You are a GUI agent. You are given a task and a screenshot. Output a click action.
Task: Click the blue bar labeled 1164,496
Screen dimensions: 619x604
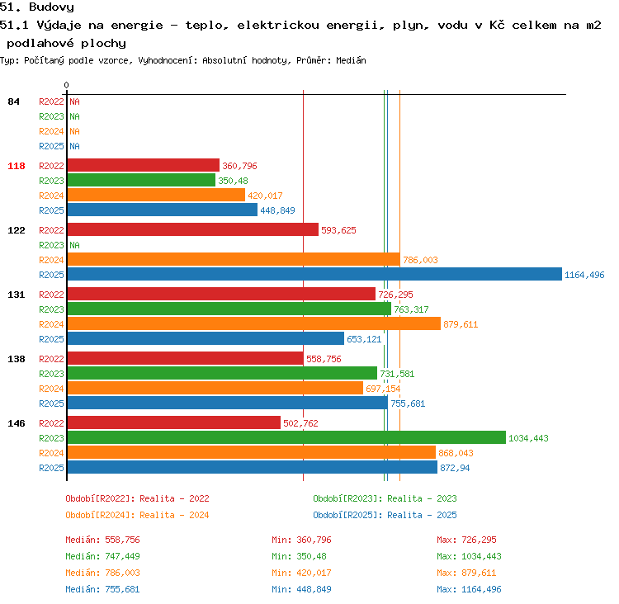(x=314, y=274)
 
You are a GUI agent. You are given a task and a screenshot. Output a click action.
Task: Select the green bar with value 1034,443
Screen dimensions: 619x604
(x=286, y=437)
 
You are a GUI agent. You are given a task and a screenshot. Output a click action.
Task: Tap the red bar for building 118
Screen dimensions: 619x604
(x=144, y=165)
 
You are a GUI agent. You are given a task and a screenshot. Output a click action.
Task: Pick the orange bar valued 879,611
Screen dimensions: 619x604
(x=254, y=323)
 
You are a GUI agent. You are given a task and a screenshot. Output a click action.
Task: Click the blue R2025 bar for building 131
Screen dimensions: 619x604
(x=206, y=338)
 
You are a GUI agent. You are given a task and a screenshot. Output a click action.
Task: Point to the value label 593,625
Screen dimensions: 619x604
(x=338, y=230)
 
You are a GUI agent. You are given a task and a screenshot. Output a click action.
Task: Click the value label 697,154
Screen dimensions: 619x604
(x=383, y=389)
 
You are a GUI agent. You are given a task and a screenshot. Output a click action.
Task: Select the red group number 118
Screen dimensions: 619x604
(x=17, y=166)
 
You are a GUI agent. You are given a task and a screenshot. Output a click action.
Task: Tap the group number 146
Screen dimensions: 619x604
(x=17, y=423)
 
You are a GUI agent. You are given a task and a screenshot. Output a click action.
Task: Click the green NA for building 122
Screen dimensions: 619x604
(x=74, y=245)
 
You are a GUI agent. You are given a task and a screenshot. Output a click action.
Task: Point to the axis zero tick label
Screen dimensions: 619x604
(x=66, y=85)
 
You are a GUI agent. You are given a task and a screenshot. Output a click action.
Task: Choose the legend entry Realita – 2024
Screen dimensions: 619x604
(x=174, y=515)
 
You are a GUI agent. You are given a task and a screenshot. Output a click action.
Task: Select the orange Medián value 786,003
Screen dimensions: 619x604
(x=122, y=573)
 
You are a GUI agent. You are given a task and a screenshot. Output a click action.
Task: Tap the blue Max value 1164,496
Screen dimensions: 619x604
(x=481, y=589)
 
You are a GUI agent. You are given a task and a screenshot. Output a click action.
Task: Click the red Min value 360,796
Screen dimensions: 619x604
(x=314, y=540)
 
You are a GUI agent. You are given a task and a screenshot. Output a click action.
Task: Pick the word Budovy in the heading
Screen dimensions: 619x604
(x=51, y=7)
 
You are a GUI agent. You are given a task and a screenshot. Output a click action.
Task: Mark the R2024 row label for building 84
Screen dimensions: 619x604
(x=51, y=131)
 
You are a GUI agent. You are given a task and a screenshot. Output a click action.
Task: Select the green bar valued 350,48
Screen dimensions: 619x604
(x=141, y=180)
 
